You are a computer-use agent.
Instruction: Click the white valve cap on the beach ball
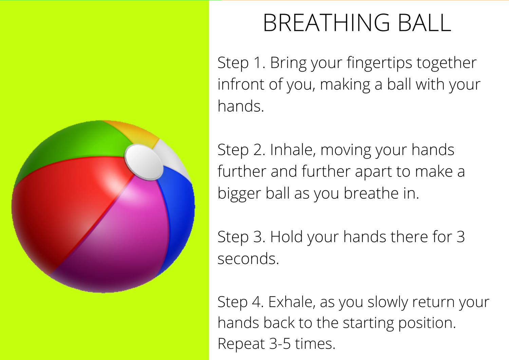(x=144, y=162)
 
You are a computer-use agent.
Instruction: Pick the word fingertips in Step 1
(x=379, y=63)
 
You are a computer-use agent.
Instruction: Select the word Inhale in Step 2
(x=293, y=150)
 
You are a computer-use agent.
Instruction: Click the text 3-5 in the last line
(x=280, y=344)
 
